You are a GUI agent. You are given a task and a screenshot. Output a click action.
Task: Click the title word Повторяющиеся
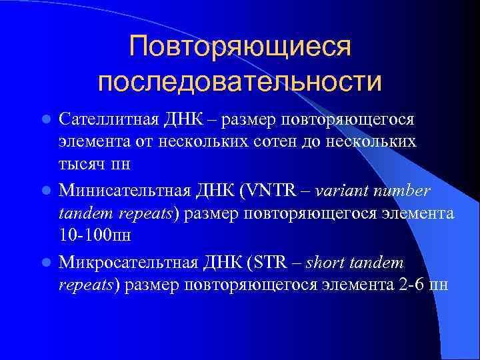tap(240, 47)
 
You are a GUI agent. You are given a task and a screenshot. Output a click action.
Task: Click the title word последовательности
tap(240, 82)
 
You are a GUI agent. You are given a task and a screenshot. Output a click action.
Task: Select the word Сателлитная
tap(108, 120)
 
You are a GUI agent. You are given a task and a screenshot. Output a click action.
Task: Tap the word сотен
tap(270, 142)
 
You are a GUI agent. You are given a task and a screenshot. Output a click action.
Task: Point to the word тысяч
tap(79, 164)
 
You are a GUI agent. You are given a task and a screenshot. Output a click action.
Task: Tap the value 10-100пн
tap(93, 235)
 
